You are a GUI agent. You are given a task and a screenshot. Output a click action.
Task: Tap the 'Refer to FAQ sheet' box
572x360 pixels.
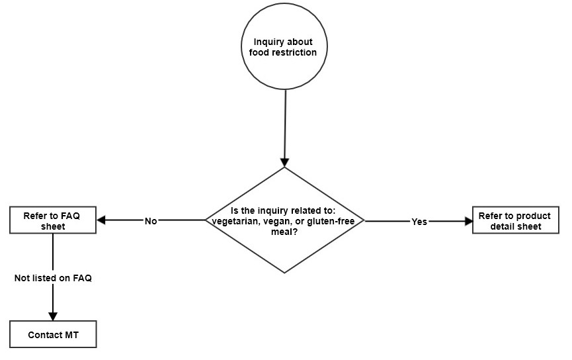click(x=54, y=220)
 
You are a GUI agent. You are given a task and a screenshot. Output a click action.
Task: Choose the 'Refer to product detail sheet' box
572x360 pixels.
click(x=516, y=220)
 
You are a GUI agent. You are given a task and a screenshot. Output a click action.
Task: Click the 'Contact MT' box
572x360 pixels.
click(x=54, y=334)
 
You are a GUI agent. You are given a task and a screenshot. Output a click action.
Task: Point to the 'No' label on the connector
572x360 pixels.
click(x=151, y=221)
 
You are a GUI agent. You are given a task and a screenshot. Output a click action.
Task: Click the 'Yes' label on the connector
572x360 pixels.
click(x=419, y=222)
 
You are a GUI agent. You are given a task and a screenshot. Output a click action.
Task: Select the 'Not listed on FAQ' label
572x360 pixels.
click(x=53, y=279)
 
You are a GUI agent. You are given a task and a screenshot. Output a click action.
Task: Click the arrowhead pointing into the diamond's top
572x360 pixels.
click(x=285, y=161)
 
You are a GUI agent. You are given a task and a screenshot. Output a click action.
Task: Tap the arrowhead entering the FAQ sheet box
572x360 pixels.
click(x=102, y=220)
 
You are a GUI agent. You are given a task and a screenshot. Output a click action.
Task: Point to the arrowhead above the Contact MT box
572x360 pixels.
click(x=53, y=316)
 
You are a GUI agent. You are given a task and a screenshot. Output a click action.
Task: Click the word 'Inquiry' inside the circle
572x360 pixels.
click(x=270, y=42)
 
